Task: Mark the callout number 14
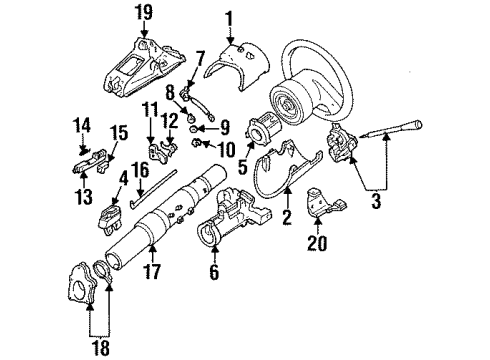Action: tap(83, 125)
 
